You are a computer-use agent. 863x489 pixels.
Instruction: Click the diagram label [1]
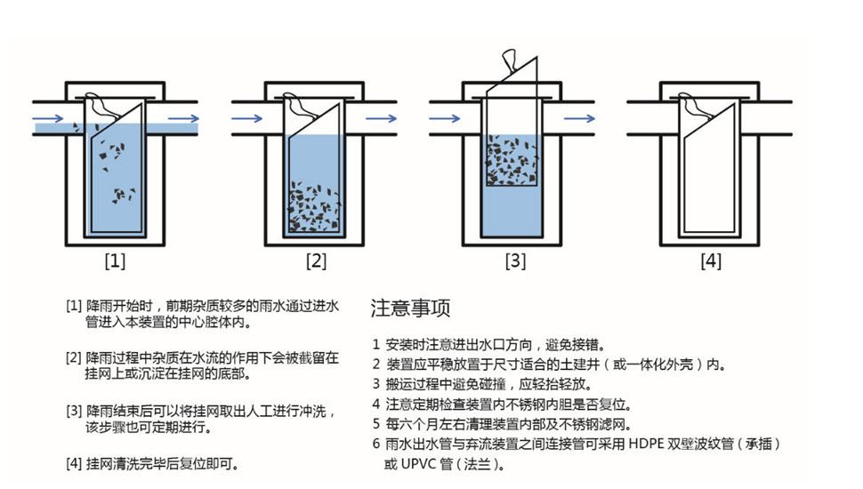[115, 261]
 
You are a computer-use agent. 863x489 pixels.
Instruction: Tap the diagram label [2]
[316, 261]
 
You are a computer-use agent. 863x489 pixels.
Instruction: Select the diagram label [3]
[515, 261]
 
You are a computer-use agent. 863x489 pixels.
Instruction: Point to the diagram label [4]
[711, 261]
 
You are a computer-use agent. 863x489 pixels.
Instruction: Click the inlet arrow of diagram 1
[48, 118]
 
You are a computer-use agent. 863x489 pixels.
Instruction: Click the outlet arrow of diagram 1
[183, 118]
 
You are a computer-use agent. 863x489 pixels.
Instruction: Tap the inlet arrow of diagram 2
[247, 118]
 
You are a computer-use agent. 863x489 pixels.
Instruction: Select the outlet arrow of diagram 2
[382, 118]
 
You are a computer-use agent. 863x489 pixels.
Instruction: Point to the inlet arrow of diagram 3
[445, 118]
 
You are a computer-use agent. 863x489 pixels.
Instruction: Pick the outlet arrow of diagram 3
[579, 118]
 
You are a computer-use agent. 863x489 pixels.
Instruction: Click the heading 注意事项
[410, 308]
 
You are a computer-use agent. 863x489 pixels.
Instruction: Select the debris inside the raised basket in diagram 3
[512, 160]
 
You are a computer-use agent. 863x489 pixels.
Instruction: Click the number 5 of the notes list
[376, 424]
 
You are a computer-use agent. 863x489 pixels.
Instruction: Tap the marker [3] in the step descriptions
[75, 411]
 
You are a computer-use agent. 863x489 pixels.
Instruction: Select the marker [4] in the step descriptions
[75, 464]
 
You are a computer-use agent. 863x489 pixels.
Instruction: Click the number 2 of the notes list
[376, 365]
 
